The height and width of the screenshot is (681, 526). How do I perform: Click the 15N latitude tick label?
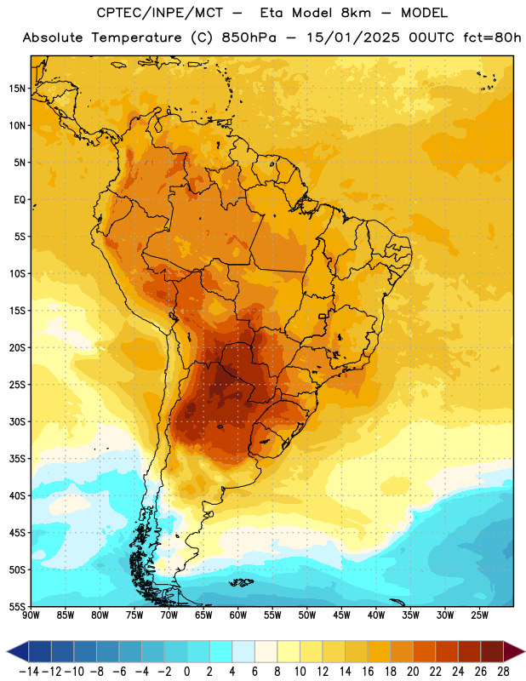17,89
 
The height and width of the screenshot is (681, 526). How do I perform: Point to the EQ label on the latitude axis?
20,200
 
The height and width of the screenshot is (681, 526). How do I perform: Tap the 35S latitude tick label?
17,459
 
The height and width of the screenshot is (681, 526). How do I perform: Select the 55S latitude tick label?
17,606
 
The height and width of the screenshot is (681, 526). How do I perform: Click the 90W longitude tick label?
31,615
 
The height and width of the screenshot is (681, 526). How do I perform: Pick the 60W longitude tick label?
238,615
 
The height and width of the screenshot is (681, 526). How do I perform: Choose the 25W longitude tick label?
479,615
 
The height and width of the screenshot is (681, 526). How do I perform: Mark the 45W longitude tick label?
341,615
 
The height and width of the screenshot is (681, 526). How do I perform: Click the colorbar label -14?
29,672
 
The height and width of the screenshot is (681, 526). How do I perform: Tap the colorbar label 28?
503,672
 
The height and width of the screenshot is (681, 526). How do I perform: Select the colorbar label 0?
186,672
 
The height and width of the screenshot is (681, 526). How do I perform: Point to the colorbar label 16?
368,672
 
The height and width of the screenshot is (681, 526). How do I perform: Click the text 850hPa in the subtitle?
249,37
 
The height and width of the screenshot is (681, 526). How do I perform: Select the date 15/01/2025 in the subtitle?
352,37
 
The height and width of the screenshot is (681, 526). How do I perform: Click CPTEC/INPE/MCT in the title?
160,13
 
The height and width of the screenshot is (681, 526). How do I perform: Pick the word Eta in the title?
272,13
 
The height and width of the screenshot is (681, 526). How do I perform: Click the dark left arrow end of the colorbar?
18,652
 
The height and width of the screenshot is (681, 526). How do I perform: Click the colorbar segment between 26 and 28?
492,652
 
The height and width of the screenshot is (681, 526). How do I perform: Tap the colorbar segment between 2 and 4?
220,652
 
